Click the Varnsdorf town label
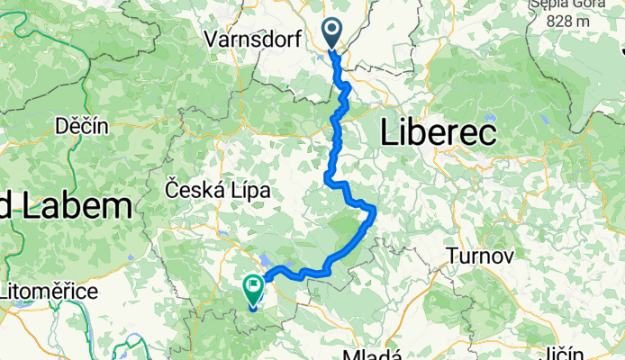pos(252,40)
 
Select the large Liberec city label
pos(439,134)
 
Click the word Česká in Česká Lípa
pos(191,190)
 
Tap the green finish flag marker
pos(252,290)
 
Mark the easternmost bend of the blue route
pos(374,211)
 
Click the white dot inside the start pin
pos(332,30)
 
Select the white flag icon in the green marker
pos(252,287)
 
